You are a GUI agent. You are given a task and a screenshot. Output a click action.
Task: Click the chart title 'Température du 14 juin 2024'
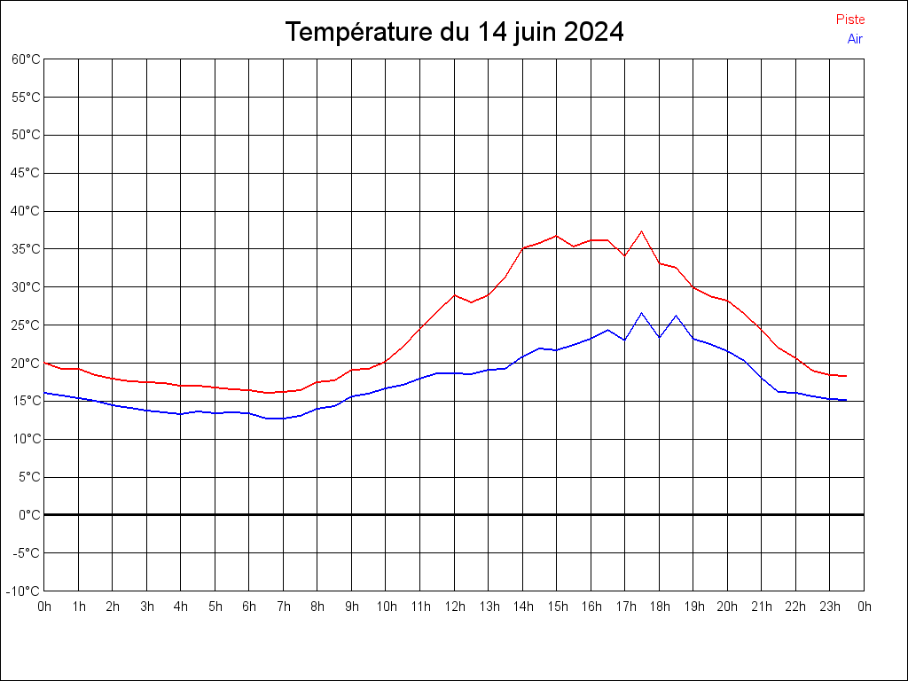click(x=454, y=33)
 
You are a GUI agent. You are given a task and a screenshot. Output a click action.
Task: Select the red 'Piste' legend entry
click(x=849, y=20)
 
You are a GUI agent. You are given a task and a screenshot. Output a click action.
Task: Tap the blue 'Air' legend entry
click(x=854, y=39)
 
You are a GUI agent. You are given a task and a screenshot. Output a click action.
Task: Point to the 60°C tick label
click(x=26, y=59)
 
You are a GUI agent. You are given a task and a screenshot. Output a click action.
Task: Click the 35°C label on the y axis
click(x=26, y=249)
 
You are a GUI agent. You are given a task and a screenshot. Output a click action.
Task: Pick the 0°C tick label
click(x=29, y=515)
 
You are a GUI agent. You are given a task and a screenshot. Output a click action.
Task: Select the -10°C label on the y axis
click(x=24, y=591)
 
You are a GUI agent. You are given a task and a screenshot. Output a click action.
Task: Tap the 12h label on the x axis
click(x=454, y=607)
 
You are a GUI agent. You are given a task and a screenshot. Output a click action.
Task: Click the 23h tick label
click(x=830, y=607)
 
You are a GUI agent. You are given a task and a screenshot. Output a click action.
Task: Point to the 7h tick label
click(x=284, y=607)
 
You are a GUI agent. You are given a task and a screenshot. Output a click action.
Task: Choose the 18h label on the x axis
click(x=659, y=607)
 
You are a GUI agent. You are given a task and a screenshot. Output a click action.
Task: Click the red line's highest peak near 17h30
click(x=641, y=231)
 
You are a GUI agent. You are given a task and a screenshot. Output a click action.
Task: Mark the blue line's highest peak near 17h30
click(x=641, y=313)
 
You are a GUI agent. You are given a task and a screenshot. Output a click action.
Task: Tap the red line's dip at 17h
click(x=624, y=255)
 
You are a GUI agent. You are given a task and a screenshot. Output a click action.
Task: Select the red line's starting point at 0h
click(x=44, y=363)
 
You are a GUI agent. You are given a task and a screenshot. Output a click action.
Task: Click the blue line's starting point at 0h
click(x=44, y=393)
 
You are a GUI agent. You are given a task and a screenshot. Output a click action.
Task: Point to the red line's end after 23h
click(x=846, y=376)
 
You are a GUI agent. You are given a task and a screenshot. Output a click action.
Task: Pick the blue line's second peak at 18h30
click(x=676, y=316)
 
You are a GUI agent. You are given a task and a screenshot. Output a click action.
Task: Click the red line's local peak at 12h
click(x=454, y=295)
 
